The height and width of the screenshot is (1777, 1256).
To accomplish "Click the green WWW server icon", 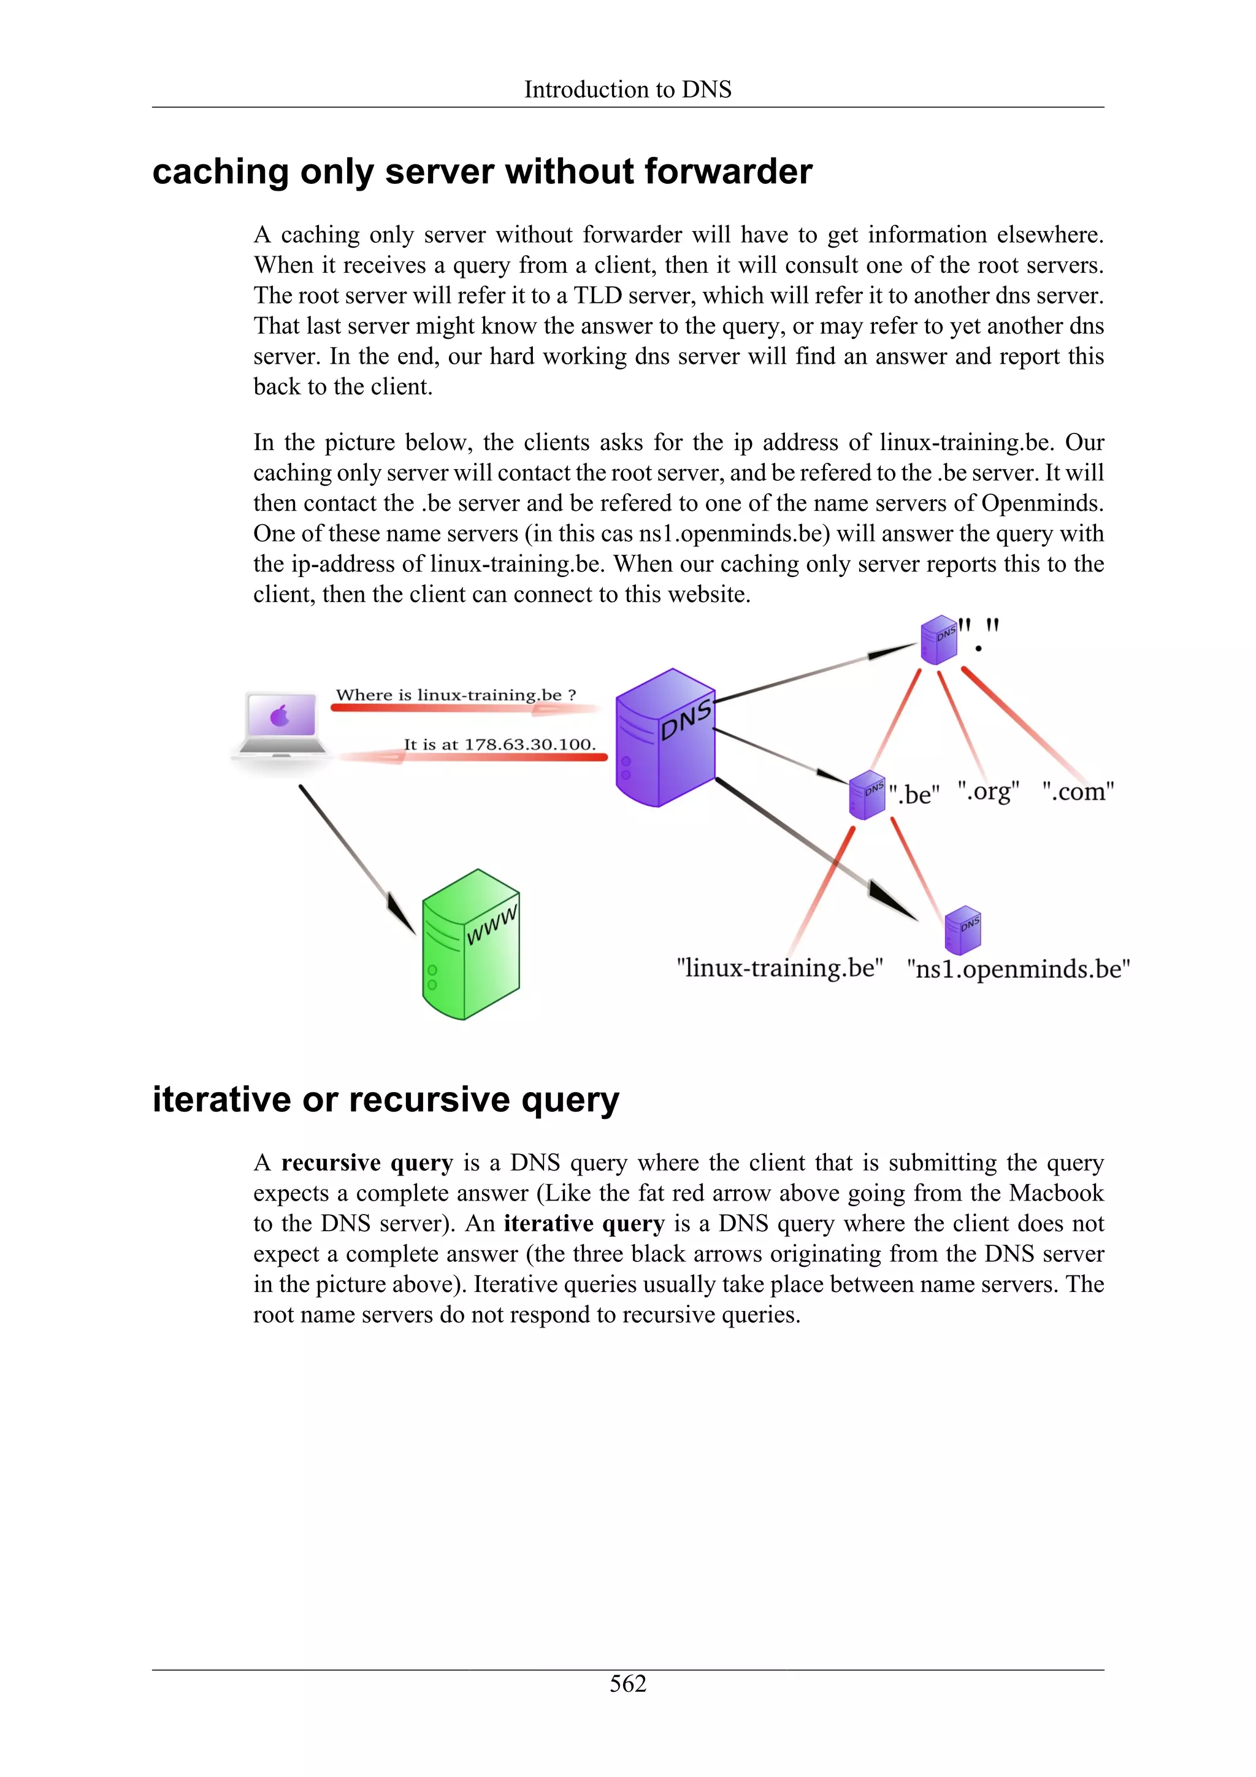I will tap(470, 944).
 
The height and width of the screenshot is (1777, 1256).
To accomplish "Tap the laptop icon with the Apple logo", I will tap(281, 724).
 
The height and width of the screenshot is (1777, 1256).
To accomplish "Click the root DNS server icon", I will tap(939, 640).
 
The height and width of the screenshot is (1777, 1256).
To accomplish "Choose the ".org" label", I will tap(988, 792).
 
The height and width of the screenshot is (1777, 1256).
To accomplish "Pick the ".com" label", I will tap(1078, 792).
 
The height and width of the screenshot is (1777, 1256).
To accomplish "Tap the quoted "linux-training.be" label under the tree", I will tap(779, 968).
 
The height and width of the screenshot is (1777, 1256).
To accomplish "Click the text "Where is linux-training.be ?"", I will tap(456, 695).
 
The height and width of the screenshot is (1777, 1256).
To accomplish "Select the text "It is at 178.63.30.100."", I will tap(499, 744).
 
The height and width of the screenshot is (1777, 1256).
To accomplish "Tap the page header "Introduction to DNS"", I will tap(627, 90).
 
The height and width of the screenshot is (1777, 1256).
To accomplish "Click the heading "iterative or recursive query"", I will tap(385, 1100).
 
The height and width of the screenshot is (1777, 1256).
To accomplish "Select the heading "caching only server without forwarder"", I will tap(482, 172).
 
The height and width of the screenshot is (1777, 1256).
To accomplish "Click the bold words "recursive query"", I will tap(367, 1163).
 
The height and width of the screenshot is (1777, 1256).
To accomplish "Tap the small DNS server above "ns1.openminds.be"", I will tap(963, 930).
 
